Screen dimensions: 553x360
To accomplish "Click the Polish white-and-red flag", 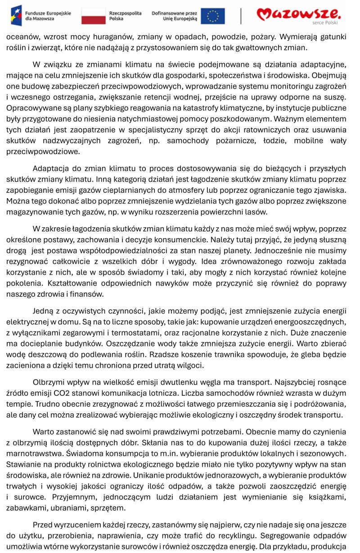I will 94,16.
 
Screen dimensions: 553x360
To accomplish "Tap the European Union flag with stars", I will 212,16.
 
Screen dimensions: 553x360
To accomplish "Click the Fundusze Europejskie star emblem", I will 16,16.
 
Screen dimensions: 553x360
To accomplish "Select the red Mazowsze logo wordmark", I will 299,14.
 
